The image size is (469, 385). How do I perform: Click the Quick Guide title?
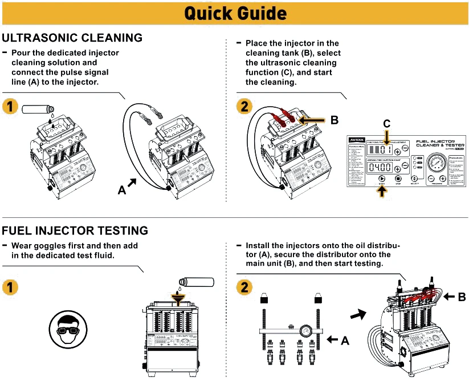click(235, 13)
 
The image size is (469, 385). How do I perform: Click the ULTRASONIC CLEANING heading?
click(72, 38)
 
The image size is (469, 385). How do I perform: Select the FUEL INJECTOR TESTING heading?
click(75, 231)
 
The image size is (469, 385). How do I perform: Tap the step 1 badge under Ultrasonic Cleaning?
click(10, 106)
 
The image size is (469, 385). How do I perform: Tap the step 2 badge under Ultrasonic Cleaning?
click(244, 106)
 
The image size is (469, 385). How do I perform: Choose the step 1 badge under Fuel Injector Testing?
click(10, 287)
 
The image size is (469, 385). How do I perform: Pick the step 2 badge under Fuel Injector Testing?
click(244, 287)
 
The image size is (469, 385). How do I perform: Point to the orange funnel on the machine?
click(180, 299)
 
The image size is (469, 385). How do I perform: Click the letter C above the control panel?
click(387, 123)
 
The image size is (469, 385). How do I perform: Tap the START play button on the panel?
click(381, 178)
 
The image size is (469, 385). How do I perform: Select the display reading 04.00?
click(380, 167)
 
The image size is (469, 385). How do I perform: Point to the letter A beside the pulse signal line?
click(121, 191)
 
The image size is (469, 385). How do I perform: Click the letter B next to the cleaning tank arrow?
click(334, 120)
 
